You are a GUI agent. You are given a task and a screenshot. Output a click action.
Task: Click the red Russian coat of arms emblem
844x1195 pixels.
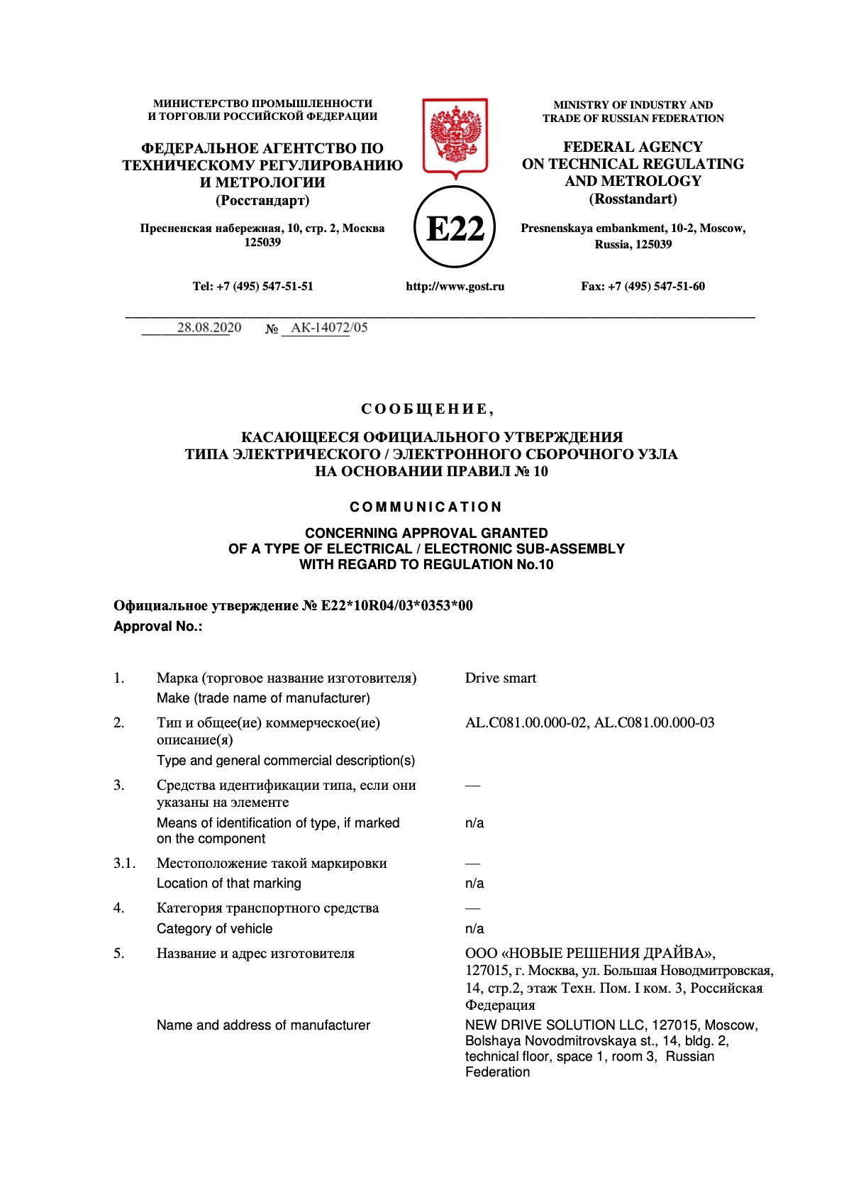pos(455,136)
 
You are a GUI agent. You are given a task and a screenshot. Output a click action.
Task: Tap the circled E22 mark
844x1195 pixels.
pos(455,228)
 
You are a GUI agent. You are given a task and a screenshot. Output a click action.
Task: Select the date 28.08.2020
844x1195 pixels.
pos(209,327)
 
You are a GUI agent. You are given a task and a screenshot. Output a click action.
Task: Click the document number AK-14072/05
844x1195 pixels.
pos(329,327)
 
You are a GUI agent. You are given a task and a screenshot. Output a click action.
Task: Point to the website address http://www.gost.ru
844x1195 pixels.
pos(455,287)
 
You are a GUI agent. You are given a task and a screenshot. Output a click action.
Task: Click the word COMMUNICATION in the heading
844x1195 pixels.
pos(426,507)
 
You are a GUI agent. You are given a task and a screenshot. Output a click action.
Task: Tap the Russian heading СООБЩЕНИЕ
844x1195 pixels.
pos(426,409)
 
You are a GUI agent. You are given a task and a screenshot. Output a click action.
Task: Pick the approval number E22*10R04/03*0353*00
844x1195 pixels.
pos(396,605)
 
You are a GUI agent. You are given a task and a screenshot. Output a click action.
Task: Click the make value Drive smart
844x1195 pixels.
pos(500,678)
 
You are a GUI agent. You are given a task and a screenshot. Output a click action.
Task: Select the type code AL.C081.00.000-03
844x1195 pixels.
pos(654,722)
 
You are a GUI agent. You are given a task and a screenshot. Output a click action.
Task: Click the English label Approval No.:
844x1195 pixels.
pos(157,626)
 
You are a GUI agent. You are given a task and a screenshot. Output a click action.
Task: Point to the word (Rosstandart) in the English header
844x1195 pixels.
pos(633,199)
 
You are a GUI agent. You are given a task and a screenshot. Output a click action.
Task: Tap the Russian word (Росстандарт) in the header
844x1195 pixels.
pos(262,200)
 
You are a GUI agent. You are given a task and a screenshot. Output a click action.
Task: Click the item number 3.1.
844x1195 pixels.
pos(124,863)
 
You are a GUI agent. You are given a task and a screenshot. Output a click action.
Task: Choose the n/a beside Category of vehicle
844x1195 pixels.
pos(474,928)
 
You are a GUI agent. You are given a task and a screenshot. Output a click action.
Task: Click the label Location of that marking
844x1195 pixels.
pos(228,883)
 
